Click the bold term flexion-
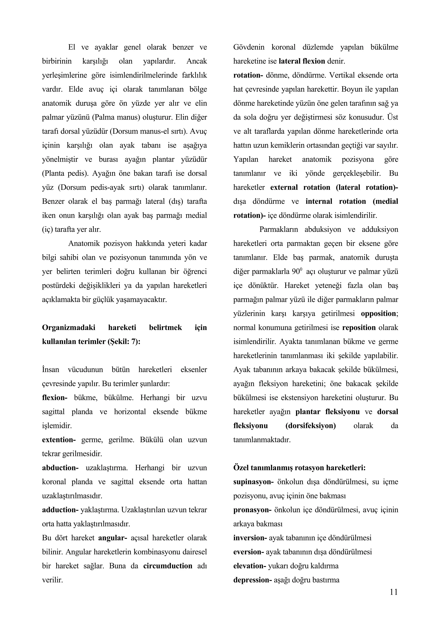55,398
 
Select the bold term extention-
59,440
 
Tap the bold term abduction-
60,468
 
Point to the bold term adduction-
60,510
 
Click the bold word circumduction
168,566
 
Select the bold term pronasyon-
252,510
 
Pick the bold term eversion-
249,552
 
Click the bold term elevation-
250,566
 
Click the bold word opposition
379,314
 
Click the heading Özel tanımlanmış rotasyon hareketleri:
299,468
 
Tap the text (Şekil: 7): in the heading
124,342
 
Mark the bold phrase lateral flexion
302,61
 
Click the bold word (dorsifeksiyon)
310,426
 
